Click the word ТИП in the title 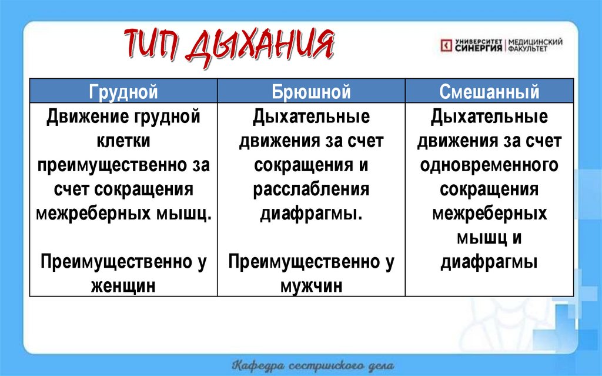155,44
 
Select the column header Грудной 123,92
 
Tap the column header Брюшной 312,92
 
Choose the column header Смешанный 490,92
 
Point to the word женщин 123,286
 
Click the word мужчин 312,286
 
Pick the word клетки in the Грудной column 123,141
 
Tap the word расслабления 312,189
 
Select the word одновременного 490,165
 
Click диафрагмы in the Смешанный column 490,262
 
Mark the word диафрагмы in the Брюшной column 312,214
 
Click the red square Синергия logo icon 446,45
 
